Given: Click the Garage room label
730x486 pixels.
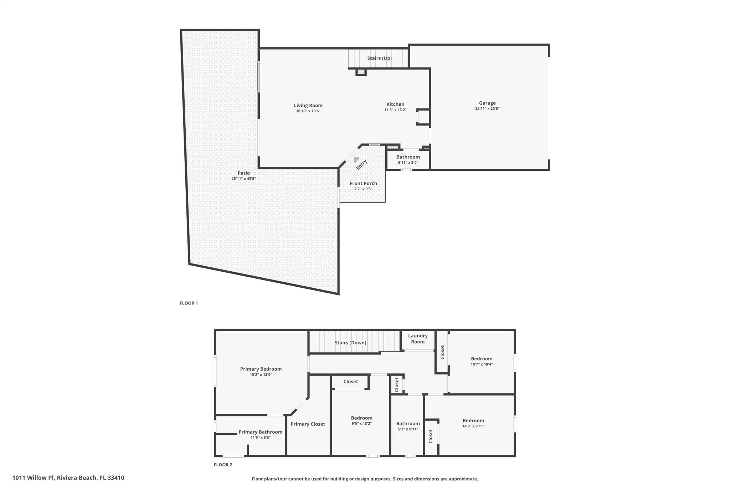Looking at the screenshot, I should (487, 103).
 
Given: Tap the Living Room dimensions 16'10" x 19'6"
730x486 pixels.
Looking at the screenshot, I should (308, 111).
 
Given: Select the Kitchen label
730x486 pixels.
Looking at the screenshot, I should (395, 104).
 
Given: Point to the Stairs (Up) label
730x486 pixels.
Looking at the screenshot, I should (379, 58).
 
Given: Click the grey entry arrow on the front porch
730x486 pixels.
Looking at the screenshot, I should (356, 159).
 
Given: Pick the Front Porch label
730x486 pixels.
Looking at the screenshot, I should (363, 183).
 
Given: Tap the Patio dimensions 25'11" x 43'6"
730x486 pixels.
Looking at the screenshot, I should (243, 179).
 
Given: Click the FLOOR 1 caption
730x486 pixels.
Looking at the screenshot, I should (189, 303).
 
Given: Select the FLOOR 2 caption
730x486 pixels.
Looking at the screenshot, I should (223, 465).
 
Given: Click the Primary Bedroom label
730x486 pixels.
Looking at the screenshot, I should (261, 369).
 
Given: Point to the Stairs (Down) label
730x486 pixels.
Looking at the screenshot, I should (350, 343).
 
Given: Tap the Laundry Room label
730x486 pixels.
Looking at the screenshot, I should (418, 339).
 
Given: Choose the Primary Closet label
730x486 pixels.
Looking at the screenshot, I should (308, 424).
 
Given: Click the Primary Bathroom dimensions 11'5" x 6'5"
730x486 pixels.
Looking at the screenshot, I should (260, 438).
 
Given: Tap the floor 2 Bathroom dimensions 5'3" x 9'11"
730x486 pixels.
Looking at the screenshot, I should (408, 429).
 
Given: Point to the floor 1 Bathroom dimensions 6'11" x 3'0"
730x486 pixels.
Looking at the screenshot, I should (408, 163).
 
